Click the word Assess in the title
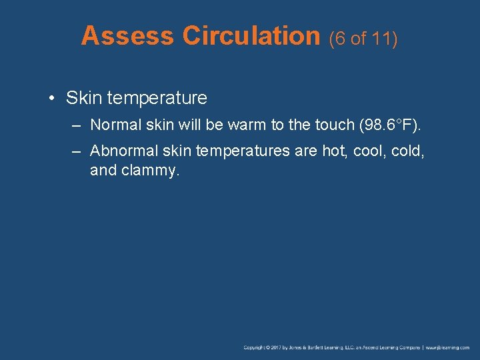[127, 36]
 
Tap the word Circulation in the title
[252, 36]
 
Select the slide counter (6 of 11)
[363, 39]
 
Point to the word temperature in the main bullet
[157, 99]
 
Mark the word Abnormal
[121, 152]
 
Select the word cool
[367, 152]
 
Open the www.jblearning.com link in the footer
[448, 348]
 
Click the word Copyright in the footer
[256, 348]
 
